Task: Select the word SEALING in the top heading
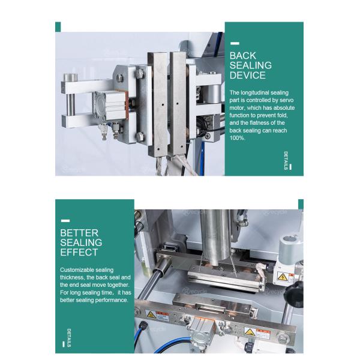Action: click(251, 65)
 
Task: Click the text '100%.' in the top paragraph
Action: click(238, 138)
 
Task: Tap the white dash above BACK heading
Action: click(235, 44)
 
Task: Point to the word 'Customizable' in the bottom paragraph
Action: click(79, 270)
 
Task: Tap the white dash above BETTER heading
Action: click(65, 221)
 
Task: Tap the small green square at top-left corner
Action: click(58, 27)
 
